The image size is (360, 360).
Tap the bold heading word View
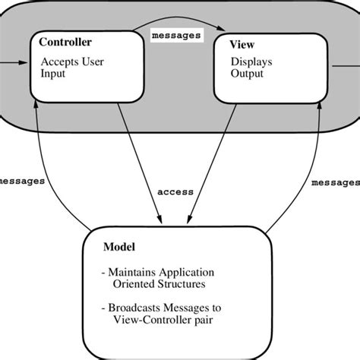[x=242, y=45]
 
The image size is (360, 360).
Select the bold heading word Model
[x=120, y=247]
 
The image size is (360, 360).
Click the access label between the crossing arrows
[x=175, y=192]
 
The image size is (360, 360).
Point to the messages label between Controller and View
[x=175, y=35]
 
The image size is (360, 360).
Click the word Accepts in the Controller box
[x=58, y=62]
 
